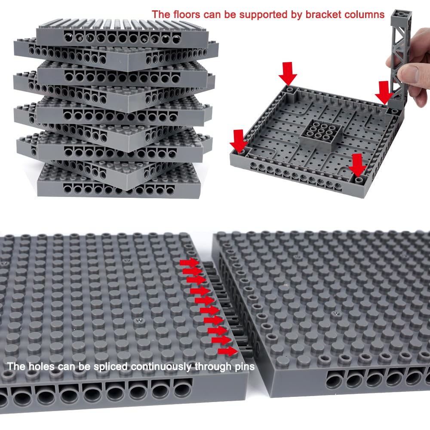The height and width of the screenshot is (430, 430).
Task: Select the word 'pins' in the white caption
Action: [x=245, y=366]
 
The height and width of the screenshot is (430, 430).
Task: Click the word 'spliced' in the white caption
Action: [x=111, y=366]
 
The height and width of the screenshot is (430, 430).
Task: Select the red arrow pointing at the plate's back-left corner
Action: [x=288, y=74]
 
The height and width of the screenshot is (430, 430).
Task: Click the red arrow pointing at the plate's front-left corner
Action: [x=239, y=141]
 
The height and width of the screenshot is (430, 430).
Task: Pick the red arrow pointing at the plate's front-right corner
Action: [x=357, y=165]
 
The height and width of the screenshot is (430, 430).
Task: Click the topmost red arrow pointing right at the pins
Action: [x=190, y=263]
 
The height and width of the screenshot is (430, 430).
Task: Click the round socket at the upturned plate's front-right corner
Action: [x=359, y=180]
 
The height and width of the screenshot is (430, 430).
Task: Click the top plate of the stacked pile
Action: [x=123, y=32]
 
